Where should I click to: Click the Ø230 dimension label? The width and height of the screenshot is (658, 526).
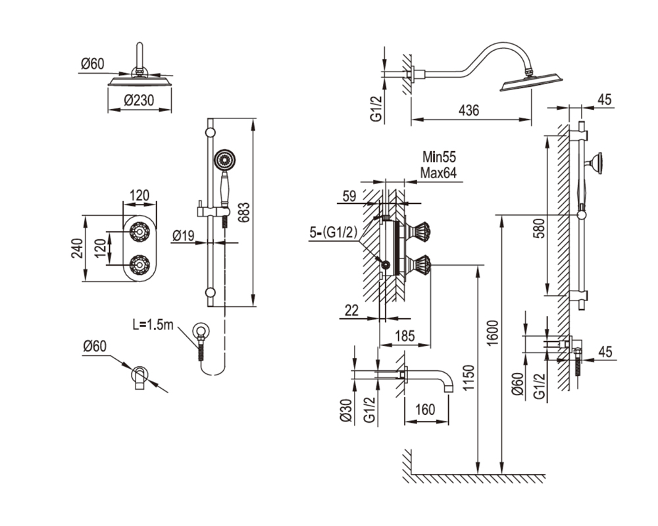[x=139, y=100]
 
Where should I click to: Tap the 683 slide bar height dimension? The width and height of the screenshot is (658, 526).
[x=244, y=212]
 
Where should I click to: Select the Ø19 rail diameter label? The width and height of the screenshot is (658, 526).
[x=184, y=236]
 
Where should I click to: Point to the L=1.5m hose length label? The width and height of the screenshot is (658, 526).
[x=153, y=325]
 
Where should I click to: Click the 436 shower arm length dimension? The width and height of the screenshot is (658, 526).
[x=468, y=110]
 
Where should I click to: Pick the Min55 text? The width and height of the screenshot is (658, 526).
[x=439, y=157]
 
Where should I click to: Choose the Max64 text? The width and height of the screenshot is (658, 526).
[x=438, y=173]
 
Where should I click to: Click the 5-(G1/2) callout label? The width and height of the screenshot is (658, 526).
[x=333, y=233]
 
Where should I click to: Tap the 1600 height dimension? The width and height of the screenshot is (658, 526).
[x=493, y=333]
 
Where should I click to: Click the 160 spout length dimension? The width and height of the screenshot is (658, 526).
[x=426, y=409]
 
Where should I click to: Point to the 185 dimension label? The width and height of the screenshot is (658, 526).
[x=405, y=336]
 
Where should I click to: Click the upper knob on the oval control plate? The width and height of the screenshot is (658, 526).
[x=138, y=231]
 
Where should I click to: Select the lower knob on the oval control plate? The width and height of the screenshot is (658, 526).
[x=138, y=265]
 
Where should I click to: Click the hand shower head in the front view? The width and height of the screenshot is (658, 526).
[x=224, y=160]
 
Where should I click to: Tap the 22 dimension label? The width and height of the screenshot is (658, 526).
[x=351, y=310]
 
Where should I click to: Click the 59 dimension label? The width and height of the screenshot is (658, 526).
[x=349, y=196]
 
